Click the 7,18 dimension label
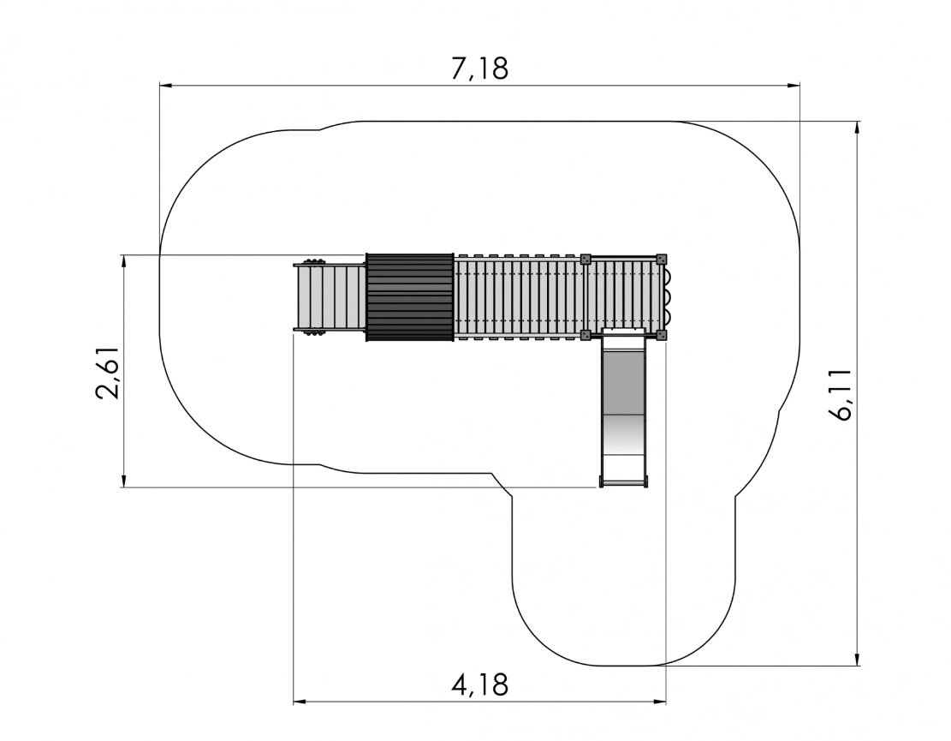479,69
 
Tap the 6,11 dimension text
841,394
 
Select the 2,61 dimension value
108,373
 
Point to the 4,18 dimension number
479,684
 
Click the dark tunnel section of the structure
410,296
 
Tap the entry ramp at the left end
330,296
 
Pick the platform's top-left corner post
585,260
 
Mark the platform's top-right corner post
661,260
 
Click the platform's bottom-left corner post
585,334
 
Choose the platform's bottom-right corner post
661,334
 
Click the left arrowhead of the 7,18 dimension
166,86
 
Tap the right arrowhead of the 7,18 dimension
793,86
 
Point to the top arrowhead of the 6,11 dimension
857,128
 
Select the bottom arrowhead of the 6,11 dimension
857,659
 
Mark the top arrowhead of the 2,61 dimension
124,261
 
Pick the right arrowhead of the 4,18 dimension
659,702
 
